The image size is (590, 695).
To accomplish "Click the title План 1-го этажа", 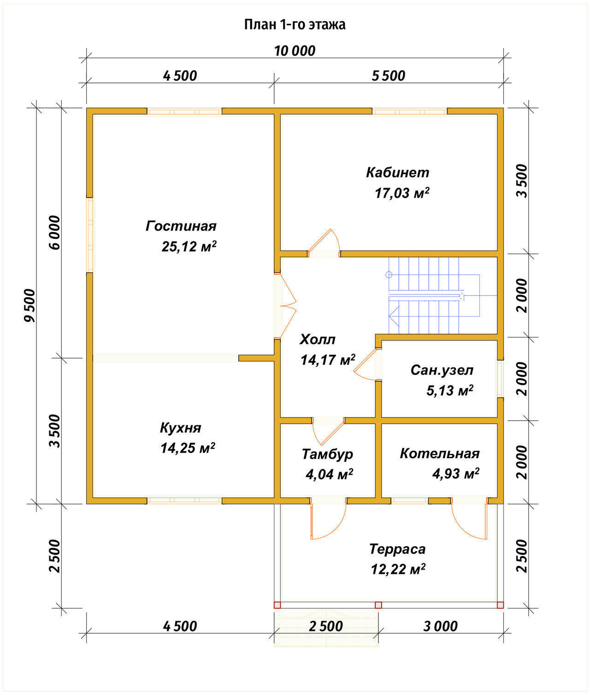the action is (x=295, y=25).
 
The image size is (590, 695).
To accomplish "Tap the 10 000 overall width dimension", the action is (x=295, y=51).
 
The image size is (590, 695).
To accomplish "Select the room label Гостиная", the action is (x=181, y=226).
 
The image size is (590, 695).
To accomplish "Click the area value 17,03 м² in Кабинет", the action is (x=402, y=193).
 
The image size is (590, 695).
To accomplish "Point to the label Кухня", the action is (x=181, y=428).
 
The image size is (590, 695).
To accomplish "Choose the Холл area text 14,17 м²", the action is (x=328, y=360).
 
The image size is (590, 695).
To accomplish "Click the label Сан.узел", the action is (x=442, y=370).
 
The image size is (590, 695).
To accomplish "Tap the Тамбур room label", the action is (x=327, y=454).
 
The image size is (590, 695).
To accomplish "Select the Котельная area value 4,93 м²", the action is (x=456, y=474).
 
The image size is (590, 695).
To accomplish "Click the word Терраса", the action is (x=397, y=549).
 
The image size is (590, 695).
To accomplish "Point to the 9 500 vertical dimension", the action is (x=29, y=306).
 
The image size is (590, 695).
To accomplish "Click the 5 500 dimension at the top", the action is (x=389, y=76).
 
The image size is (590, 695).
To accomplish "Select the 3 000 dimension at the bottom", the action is (x=440, y=626).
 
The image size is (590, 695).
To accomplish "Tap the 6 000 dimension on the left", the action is (x=55, y=233).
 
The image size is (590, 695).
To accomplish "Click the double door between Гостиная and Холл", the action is (x=286, y=306).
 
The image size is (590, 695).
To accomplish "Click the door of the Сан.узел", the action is (x=367, y=365).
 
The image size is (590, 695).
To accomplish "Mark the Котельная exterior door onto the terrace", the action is (x=470, y=518).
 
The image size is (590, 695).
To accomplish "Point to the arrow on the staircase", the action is (x=394, y=317).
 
